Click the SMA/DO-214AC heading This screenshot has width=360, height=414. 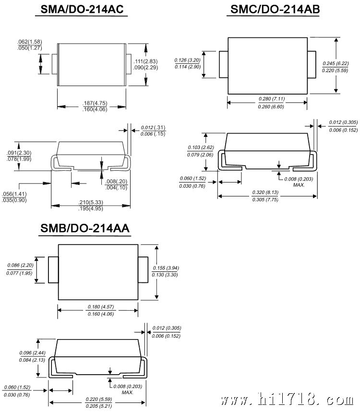pos(82,9)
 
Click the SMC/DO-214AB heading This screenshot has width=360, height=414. pos(275,9)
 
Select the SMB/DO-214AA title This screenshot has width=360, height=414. pos(85,228)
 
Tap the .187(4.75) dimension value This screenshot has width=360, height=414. pos(95,103)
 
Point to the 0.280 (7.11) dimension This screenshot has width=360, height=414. pos(272,99)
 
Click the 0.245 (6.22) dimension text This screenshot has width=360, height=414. pos(336,63)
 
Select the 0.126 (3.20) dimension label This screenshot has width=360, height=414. pos(187,60)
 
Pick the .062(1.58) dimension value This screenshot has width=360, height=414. pos(30,42)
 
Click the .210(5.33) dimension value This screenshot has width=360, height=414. pos(91,202)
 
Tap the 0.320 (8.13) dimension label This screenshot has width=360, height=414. pos(265,193)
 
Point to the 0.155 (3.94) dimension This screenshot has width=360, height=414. pos(166,268)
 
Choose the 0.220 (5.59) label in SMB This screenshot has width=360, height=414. pos(99,399)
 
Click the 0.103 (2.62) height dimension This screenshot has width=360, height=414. pos(201,147)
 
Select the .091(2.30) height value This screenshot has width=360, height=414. pos(19,153)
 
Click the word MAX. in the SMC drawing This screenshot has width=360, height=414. pos(299,185)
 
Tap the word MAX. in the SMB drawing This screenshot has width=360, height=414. pos(128,392)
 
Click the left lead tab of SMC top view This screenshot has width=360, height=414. pos(224,64)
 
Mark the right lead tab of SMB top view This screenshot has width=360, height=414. pos(143,269)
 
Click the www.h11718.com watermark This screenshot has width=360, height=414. pos(287,400)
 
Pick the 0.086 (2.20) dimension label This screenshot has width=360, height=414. pos(20,265)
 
